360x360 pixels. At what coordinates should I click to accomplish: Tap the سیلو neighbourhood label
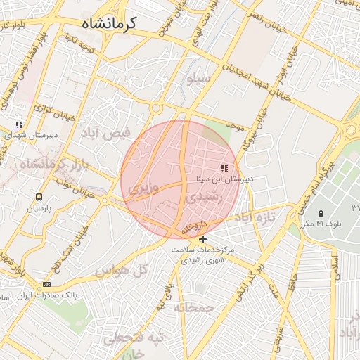[x=199, y=78]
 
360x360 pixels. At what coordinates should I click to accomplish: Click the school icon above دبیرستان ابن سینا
[x=224, y=169]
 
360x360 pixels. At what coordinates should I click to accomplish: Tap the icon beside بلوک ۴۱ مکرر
[x=321, y=213]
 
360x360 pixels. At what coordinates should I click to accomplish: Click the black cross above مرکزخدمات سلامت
[x=203, y=239]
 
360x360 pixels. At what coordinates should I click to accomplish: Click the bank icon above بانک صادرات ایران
[x=47, y=284]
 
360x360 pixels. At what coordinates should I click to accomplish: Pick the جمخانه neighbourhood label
[x=194, y=307]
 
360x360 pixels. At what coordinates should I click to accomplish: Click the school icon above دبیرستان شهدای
[x=19, y=124]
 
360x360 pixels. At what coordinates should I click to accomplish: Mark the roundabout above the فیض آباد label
[x=155, y=108]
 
